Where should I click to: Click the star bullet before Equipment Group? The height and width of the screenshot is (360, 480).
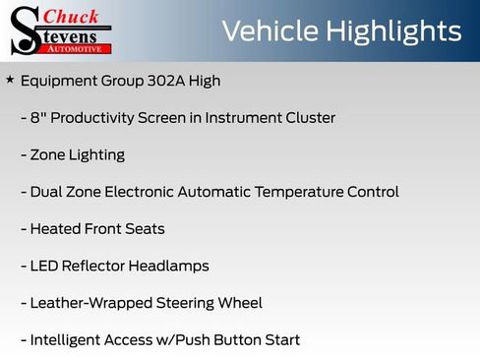click(x=10, y=80)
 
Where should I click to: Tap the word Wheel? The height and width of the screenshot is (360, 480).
click(x=240, y=303)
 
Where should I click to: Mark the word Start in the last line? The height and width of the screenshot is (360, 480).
click(x=280, y=340)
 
